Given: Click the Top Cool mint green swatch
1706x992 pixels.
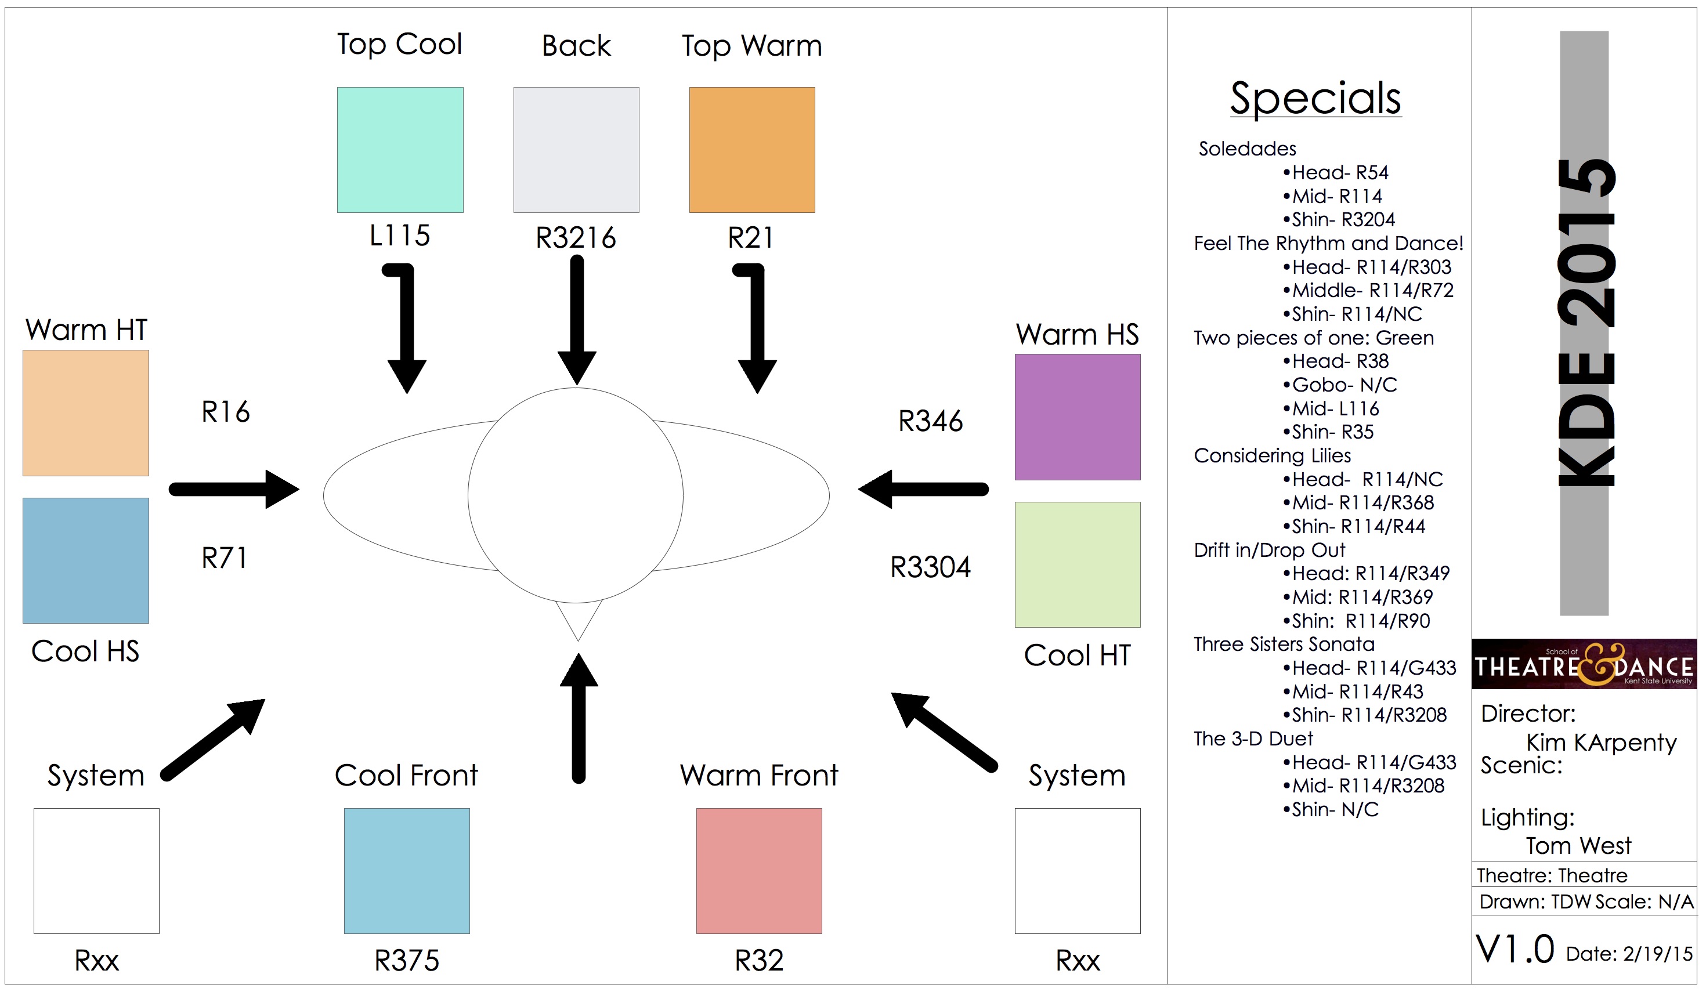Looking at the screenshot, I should pyautogui.click(x=400, y=150).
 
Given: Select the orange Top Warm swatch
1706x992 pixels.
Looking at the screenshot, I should pyautogui.click(x=751, y=150).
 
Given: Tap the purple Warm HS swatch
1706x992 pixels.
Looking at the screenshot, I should pyautogui.click(x=1077, y=417).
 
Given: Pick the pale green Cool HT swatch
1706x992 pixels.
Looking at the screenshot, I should pyautogui.click(x=1077, y=564).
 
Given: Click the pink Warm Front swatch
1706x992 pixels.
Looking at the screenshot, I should pyautogui.click(x=759, y=870).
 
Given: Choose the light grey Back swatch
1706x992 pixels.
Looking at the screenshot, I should pyautogui.click(x=576, y=150).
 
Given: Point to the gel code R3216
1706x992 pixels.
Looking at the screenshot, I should pyautogui.click(x=576, y=237).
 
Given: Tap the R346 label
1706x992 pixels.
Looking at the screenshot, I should pyautogui.click(x=930, y=421).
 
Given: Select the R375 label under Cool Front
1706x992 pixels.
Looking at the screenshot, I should pyautogui.click(x=407, y=960).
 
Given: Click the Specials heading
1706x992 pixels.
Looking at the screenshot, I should pyautogui.click(x=1315, y=98).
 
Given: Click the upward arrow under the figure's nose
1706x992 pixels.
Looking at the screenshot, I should pyautogui.click(x=579, y=717).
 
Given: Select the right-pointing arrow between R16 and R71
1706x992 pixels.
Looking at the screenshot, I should pyautogui.click(x=233, y=488).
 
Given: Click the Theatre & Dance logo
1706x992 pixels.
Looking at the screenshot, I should pyautogui.click(x=1584, y=664).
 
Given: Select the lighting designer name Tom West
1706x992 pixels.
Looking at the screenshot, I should pyautogui.click(x=1578, y=846).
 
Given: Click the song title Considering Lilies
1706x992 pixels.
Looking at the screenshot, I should pyautogui.click(x=1272, y=455).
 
